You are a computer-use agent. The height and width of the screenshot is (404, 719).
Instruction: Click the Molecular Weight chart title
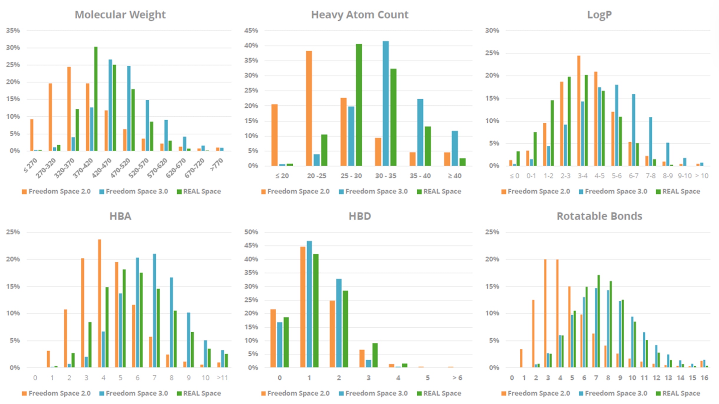(x=120, y=15)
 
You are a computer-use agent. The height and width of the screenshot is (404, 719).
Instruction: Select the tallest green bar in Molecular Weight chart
(x=96, y=99)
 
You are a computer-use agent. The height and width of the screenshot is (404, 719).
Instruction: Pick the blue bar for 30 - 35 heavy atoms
(x=385, y=103)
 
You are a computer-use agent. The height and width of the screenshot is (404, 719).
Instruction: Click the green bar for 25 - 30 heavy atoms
(x=359, y=105)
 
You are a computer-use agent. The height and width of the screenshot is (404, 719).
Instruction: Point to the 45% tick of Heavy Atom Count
(x=251, y=31)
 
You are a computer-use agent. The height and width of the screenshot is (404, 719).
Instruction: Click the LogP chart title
(x=599, y=15)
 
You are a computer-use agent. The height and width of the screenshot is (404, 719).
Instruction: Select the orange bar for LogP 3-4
(x=579, y=111)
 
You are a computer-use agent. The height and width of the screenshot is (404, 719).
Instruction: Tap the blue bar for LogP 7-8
(x=650, y=141)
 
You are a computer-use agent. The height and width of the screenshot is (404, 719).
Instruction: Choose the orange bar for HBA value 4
(x=100, y=303)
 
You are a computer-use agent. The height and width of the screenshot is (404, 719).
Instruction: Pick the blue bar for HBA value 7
(x=154, y=311)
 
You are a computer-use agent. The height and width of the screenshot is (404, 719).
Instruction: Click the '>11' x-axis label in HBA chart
(x=222, y=378)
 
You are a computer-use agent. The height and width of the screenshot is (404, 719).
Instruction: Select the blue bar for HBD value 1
(x=309, y=304)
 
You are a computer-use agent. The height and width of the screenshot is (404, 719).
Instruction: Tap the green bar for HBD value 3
(x=375, y=355)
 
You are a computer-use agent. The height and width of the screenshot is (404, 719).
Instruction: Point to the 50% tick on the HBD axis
(x=251, y=232)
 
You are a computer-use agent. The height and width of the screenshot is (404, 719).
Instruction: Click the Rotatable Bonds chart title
(x=599, y=216)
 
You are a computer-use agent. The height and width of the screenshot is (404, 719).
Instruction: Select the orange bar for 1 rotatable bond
(x=521, y=358)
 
